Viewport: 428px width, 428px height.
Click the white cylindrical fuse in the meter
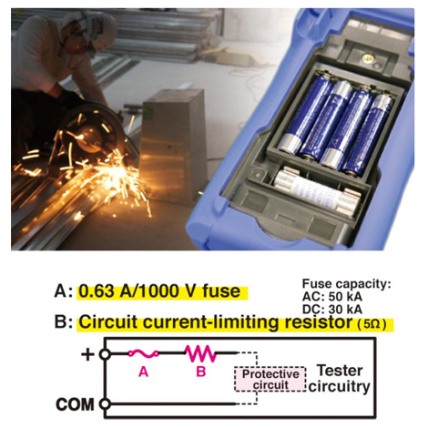(x=317, y=191)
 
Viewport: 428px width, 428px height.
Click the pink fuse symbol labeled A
(x=143, y=353)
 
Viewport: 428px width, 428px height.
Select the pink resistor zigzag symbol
(x=200, y=353)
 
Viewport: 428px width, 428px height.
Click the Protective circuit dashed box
(x=270, y=379)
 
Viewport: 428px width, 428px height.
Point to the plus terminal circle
(x=105, y=354)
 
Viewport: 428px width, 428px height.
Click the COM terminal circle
(x=105, y=404)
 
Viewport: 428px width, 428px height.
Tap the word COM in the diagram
(x=75, y=404)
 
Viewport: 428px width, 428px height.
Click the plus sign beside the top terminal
(x=87, y=354)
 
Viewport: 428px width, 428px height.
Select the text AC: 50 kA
(x=332, y=297)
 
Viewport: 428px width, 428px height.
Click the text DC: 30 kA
(x=332, y=310)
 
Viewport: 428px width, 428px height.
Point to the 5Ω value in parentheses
(x=372, y=324)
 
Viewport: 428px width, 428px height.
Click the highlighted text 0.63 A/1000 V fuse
(x=159, y=291)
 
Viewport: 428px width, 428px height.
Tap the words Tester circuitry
(x=340, y=379)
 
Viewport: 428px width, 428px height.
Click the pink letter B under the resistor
(x=201, y=371)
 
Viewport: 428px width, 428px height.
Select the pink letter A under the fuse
(x=143, y=371)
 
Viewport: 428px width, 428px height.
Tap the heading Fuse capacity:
(x=346, y=284)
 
